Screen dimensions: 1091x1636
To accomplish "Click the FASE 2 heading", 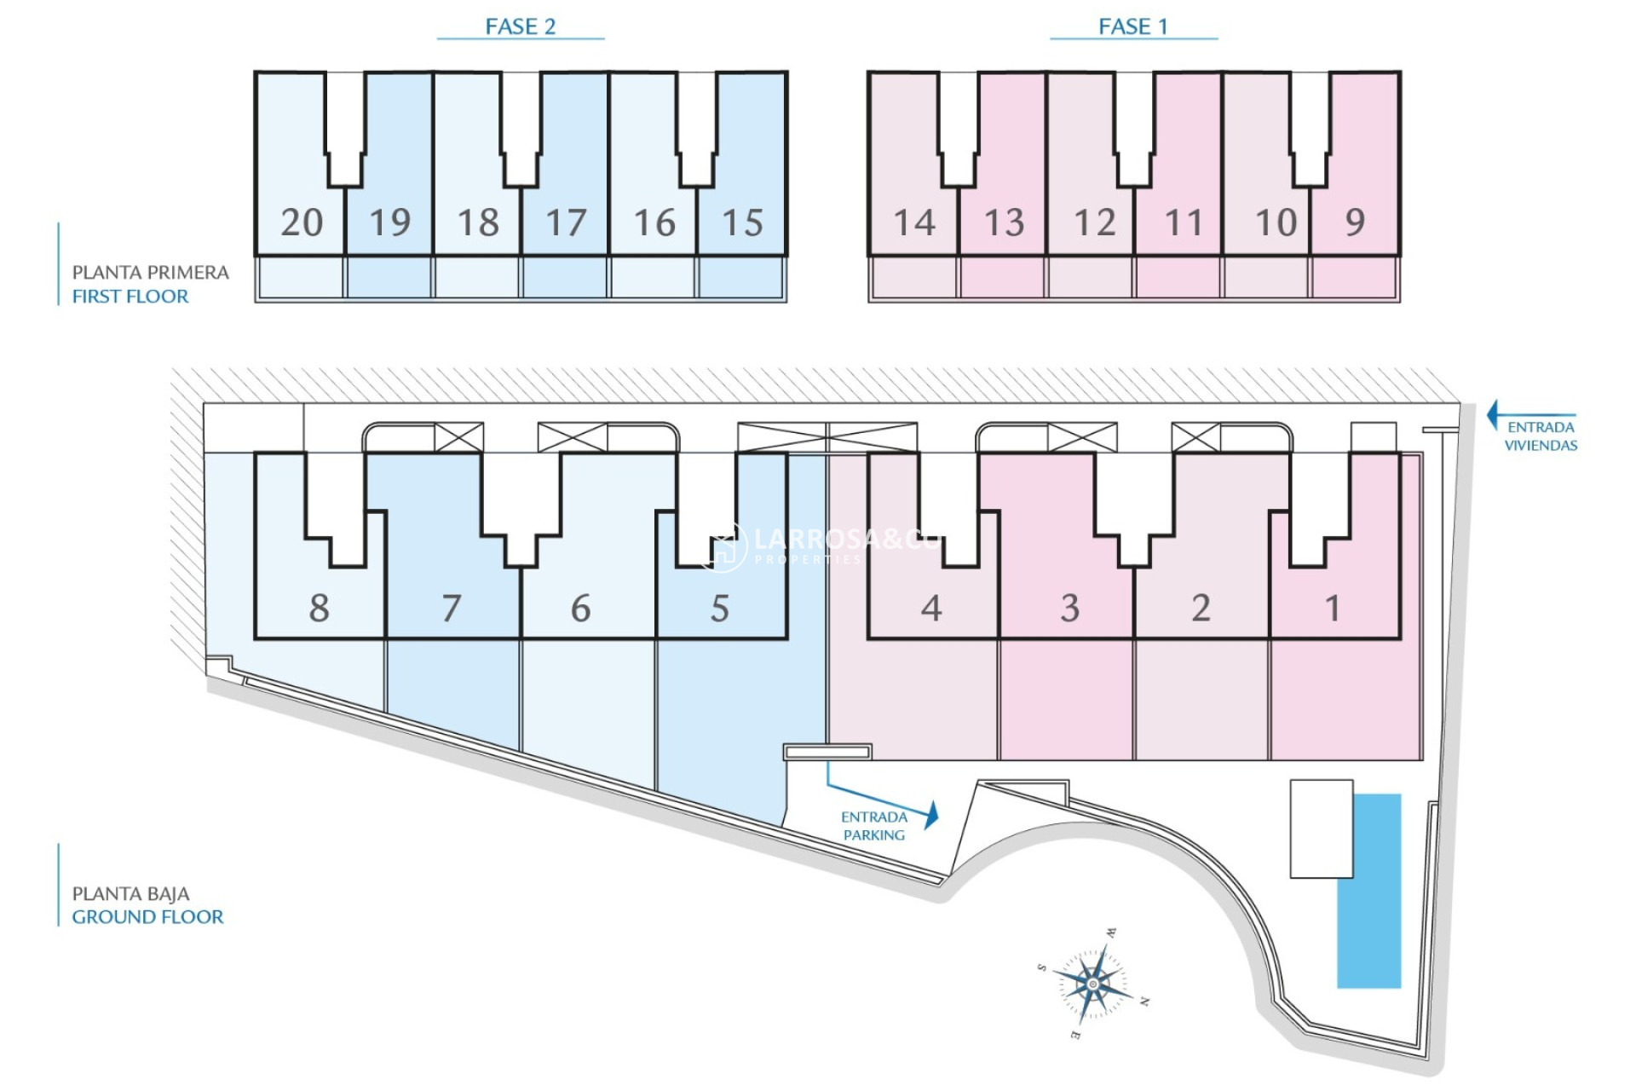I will coord(520,26).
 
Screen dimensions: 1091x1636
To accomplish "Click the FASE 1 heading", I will coord(1132,26).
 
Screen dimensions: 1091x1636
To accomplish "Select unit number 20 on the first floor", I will coord(302,222).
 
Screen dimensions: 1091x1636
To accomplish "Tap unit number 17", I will coord(566,222).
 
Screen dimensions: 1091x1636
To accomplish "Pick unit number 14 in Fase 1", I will coord(914,222).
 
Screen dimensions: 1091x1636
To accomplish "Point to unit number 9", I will coord(1355,222).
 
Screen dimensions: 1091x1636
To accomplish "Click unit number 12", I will coord(1095,222).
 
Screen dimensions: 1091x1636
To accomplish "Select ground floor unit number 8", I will coord(319,608).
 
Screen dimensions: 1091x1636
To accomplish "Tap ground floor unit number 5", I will coord(720,608).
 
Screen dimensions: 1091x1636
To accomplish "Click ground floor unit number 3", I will coord(1070,608).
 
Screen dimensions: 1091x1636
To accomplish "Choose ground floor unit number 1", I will coord(1333,608).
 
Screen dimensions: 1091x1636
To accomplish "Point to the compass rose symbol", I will coord(1093,984).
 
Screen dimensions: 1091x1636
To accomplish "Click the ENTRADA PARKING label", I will coord(874,826).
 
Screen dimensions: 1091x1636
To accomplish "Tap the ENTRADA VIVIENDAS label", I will coord(1541,436).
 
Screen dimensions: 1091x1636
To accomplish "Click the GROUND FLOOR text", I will coord(147,917).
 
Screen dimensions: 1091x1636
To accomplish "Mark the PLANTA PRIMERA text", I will coord(150,273).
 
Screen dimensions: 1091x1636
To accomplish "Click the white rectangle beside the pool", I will coord(1321,828).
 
